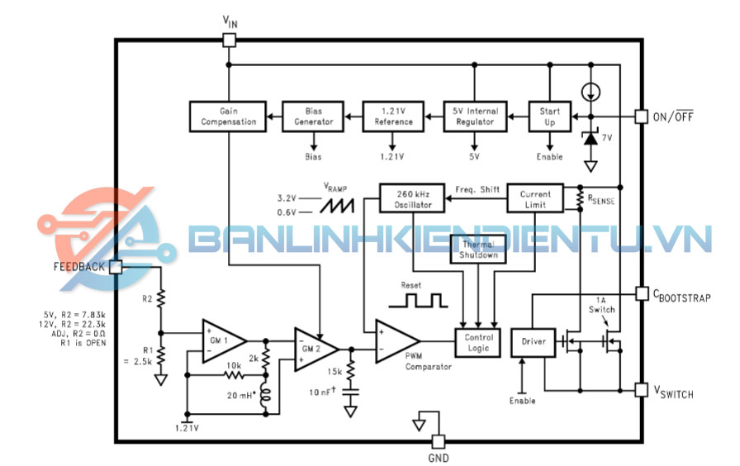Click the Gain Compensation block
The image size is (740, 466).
pos(229,116)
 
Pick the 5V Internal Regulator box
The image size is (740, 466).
pos(475,116)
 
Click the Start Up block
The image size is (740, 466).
pos(550,116)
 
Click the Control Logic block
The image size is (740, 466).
pos(480,342)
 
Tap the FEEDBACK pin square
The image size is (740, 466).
pos(116,266)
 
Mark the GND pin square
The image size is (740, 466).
pos(438,441)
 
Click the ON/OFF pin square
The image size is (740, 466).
pos(640,116)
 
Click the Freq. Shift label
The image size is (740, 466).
pos(477,189)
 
